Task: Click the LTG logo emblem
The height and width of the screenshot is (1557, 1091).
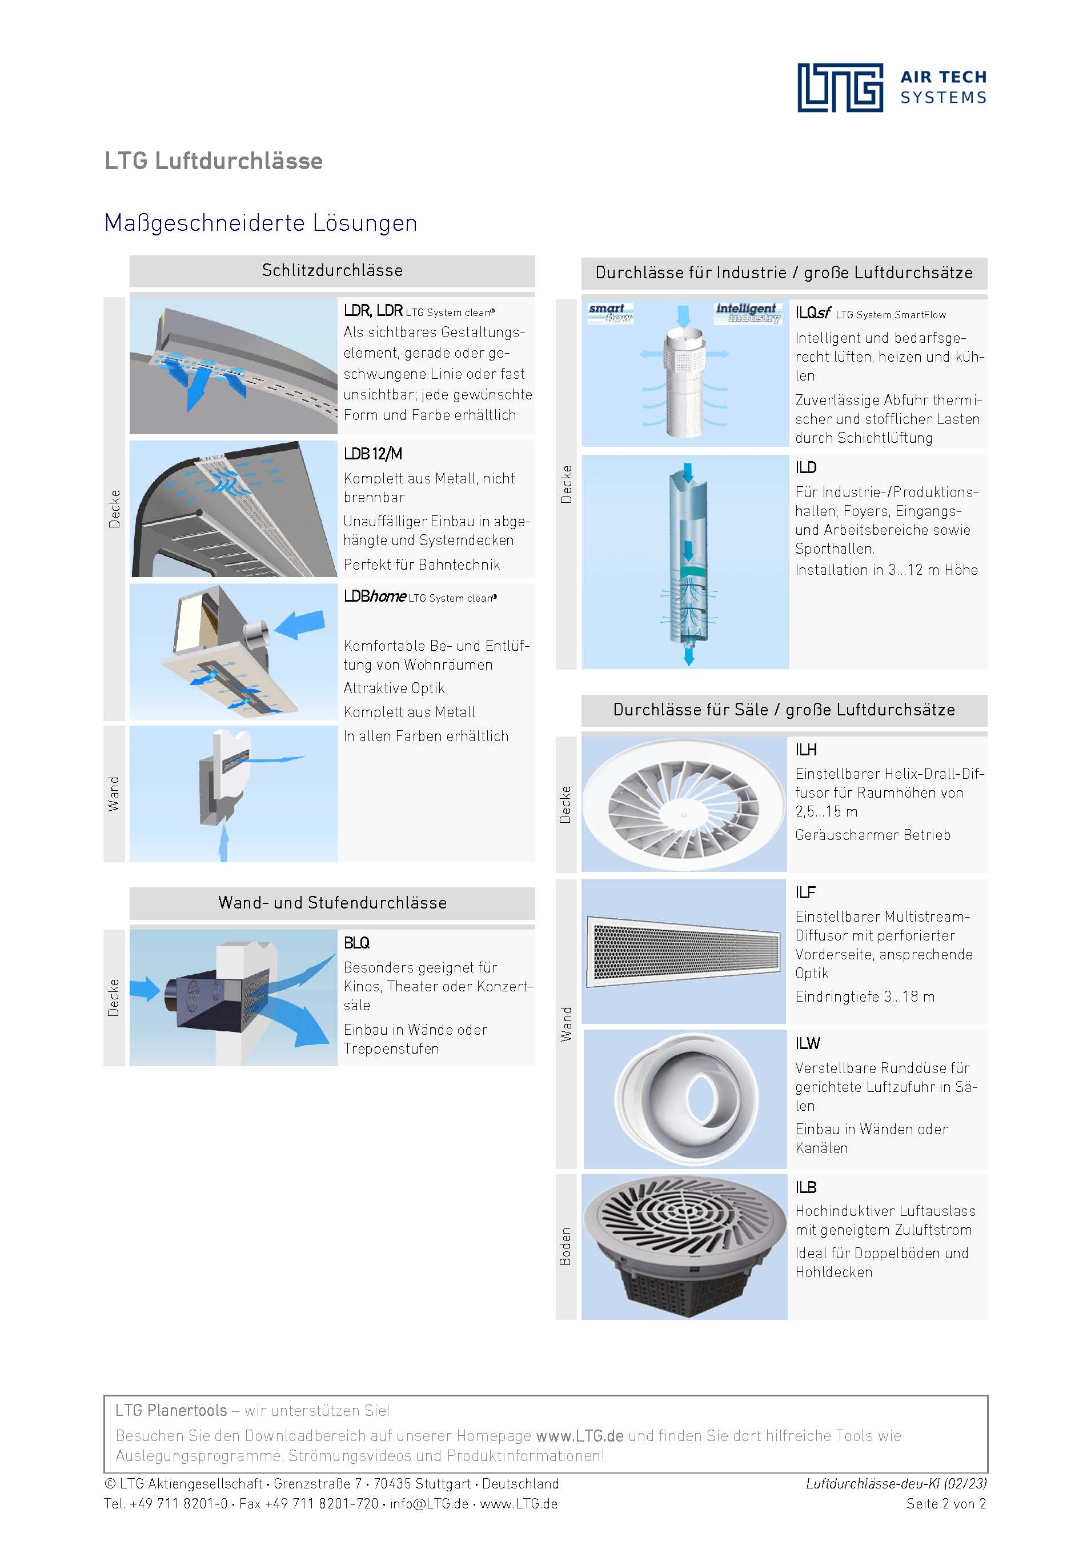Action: tap(840, 87)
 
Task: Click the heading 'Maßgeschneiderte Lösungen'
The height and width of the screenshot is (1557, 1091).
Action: tap(260, 223)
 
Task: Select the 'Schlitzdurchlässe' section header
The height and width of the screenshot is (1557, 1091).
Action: tap(332, 271)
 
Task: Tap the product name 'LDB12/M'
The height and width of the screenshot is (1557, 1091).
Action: tap(373, 454)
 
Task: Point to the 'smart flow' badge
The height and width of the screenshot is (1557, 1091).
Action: tap(610, 313)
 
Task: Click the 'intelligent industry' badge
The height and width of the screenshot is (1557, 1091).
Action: tap(747, 313)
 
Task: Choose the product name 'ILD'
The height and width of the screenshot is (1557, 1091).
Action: tap(805, 467)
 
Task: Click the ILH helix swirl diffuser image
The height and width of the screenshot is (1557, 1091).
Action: tap(684, 804)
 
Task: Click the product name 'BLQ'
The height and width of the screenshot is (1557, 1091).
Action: tap(356, 943)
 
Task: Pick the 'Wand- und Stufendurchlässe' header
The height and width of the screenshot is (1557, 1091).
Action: tap(332, 903)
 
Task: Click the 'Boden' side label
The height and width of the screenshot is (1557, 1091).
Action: tap(565, 1246)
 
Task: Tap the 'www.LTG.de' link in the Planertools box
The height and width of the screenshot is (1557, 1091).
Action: tap(579, 1436)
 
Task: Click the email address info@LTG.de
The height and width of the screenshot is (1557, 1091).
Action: tap(429, 1503)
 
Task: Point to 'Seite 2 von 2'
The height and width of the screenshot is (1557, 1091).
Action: tap(946, 1503)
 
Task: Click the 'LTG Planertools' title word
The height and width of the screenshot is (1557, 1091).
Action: tap(171, 1411)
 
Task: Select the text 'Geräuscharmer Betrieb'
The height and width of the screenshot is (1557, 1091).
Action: tap(873, 835)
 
